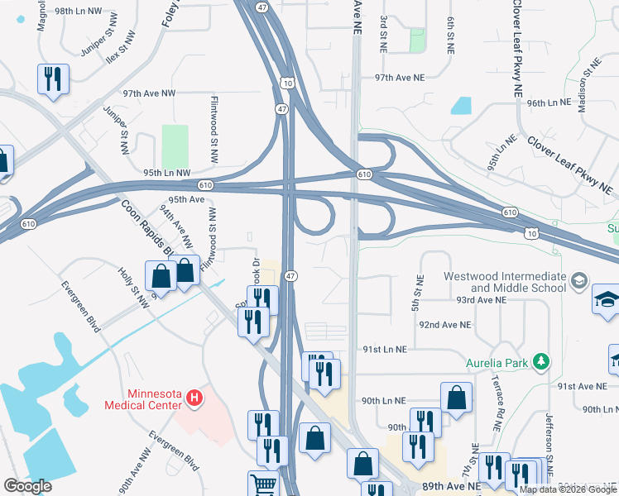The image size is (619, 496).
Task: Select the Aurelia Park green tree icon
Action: click(x=541, y=360)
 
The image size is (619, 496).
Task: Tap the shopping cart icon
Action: click(x=264, y=484)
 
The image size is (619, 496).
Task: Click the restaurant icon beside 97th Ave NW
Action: click(x=53, y=79)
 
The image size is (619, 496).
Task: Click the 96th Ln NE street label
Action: click(x=549, y=103)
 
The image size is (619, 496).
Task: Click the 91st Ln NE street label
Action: click(x=385, y=350)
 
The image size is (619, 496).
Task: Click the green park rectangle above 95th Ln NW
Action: click(x=175, y=146)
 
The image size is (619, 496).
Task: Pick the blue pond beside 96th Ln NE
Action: click(x=461, y=106)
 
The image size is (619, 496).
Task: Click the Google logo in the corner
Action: click(x=27, y=486)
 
